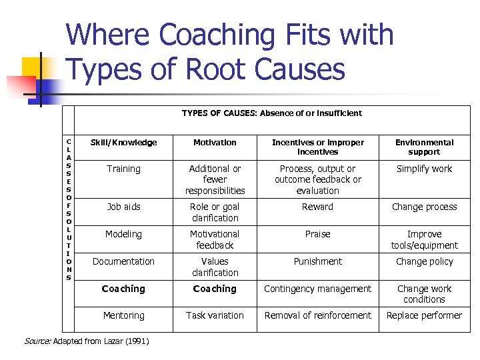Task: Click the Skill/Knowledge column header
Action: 123,143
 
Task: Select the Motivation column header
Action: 215,143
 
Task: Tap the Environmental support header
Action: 424,147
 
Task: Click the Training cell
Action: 123,169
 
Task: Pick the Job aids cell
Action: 123,207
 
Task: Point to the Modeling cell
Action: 123,235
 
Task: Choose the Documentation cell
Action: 123,262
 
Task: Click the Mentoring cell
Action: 123,315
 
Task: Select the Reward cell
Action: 317,207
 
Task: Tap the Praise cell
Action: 317,235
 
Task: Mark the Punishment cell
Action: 317,262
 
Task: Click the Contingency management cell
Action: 317,289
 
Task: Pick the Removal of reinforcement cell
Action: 317,315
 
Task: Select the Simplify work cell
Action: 424,169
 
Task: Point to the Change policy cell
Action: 424,262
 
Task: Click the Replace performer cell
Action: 424,315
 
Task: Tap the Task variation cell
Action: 215,315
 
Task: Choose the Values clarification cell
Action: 215,267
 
